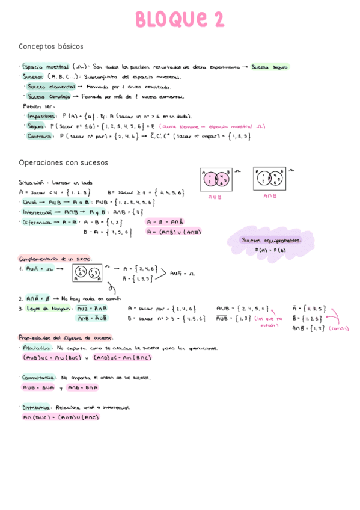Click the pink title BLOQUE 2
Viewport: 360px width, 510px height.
(180, 19)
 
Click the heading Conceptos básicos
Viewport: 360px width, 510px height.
(51, 46)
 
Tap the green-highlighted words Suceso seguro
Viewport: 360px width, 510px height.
(270, 67)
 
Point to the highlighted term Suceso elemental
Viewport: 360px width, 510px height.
(49, 86)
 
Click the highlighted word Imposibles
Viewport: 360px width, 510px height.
(43, 115)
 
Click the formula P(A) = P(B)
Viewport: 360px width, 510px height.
(270, 250)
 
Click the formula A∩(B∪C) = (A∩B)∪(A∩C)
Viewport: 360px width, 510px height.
(61, 417)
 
